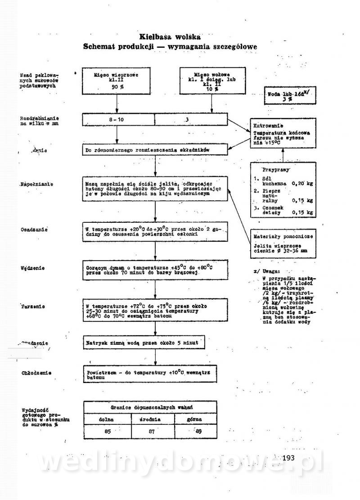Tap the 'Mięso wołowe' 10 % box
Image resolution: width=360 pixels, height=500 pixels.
click(x=212, y=81)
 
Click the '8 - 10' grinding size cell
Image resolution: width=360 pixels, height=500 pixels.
click(x=118, y=120)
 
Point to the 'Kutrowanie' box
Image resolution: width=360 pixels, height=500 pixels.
click(x=283, y=134)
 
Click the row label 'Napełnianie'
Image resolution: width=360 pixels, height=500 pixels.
click(x=37, y=184)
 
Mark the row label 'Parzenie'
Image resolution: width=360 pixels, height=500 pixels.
click(x=32, y=306)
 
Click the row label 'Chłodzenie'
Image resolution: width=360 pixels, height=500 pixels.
click(x=36, y=373)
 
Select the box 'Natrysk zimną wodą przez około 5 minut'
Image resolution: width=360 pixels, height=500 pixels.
click(x=145, y=343)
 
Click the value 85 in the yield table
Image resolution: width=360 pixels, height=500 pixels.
click(x=107, y=431)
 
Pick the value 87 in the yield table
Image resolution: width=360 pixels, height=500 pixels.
click(x=152, y=431)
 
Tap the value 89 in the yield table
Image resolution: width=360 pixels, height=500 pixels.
click(x=198, y=431)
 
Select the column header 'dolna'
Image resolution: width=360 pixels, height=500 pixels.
click(x=107, y=419)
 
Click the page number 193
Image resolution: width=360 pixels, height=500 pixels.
click(x=289, y=458)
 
